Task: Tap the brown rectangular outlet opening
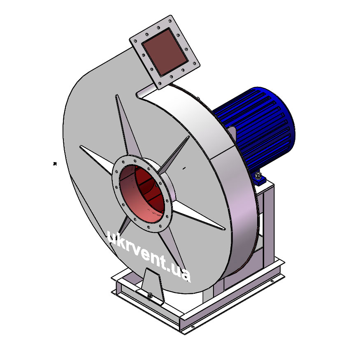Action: pos(165,52)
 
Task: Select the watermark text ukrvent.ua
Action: pos(149,256)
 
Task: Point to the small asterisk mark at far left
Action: pos(55,164)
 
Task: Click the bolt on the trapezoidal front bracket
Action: pos(150,295)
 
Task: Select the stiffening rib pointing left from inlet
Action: pos(98,158)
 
